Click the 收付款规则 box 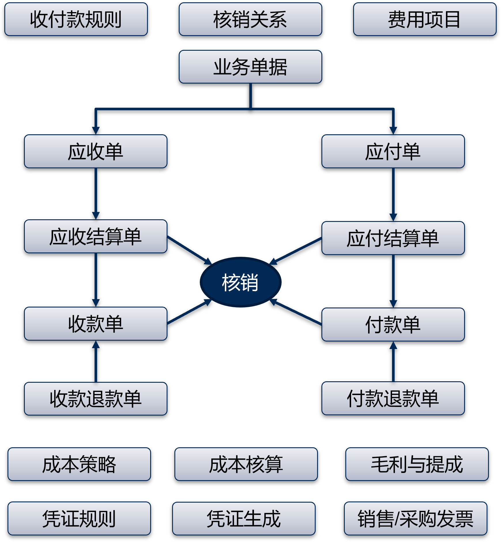coord(76,19)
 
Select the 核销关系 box coord(250,19)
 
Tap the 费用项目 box coord(425,19)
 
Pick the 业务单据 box coord(250,67)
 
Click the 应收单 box coord(96,151)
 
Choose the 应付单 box coord(393,151)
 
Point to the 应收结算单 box coord(96,236)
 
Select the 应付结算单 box coord(393,238)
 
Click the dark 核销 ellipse coord(240,282)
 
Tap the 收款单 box coord(96,324)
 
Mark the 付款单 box coord(393,325)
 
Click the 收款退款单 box coord(96,399)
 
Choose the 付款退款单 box coord(393,398)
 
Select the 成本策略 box coord(79,464)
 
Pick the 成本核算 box coord(246,464)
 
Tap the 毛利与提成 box coord(417,464)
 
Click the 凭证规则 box coord(79,518)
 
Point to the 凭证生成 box coord(244,518)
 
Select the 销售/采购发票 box coord(415,518)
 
